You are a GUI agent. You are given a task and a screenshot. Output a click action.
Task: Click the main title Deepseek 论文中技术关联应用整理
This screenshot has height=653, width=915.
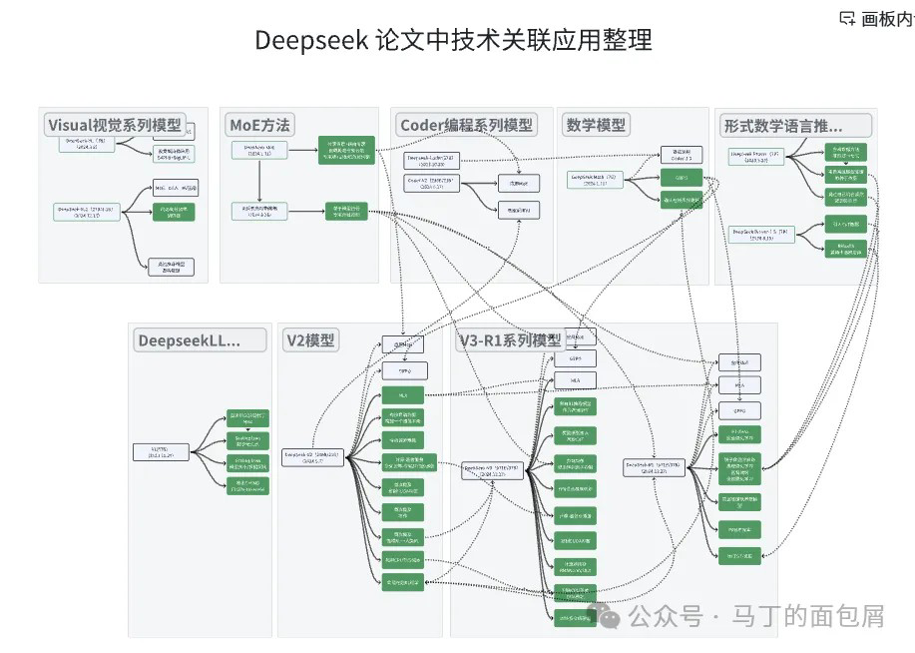[454, 40]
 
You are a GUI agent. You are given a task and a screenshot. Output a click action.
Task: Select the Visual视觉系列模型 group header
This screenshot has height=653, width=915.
[115, 125]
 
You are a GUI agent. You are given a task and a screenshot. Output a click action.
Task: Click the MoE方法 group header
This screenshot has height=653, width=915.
[259, 125]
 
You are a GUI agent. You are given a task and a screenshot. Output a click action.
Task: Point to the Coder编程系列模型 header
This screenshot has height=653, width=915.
[466, 125]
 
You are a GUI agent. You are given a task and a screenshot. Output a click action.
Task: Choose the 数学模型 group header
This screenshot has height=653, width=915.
[596, 125]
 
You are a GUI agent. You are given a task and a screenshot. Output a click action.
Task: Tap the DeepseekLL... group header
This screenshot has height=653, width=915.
[189, 340]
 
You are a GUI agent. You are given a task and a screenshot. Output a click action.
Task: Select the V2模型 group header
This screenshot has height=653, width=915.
[310, 340]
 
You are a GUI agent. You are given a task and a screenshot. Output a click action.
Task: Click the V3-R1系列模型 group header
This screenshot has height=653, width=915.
[509, 340]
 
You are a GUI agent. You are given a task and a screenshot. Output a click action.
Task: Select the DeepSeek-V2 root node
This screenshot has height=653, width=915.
[312, 456]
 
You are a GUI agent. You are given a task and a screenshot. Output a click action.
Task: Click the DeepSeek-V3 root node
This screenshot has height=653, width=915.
[493, 469]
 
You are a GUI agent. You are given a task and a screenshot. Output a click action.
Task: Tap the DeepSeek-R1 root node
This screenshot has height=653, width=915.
[654, 467]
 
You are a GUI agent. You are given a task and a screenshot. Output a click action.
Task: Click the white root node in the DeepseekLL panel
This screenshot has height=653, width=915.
[161, 452]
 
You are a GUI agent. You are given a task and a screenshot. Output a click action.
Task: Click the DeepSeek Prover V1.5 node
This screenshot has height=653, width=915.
[762, 235]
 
